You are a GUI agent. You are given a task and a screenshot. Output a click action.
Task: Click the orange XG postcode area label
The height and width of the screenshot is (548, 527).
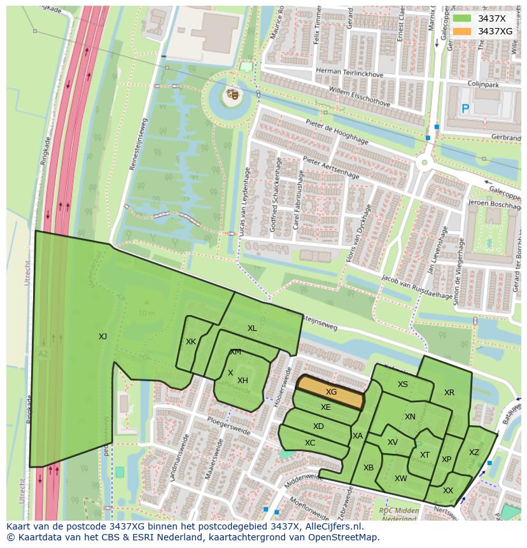click(x=331, y=392)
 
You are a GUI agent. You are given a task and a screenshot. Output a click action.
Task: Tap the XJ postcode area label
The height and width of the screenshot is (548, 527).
click(x=102, y=337)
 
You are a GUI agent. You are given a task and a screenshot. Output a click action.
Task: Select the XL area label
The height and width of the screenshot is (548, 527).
click(x=252, y=328)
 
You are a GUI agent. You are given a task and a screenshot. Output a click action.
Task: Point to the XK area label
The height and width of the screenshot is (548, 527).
click(x=191, y=342)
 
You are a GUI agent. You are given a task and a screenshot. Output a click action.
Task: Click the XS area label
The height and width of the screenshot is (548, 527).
click(x=403, y=384)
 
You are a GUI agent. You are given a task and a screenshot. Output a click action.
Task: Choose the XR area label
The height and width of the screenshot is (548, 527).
click(x=449, y=393)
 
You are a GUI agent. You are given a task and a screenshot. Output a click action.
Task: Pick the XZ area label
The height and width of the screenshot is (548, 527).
click(x=474, y=453)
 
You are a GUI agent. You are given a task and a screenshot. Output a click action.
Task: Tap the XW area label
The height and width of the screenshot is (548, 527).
click(x=400, y=479)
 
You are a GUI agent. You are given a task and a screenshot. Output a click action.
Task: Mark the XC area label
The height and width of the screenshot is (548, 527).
click(x=310, y=443)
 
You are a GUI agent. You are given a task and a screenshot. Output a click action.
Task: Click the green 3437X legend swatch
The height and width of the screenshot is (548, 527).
click(x=462, y=18)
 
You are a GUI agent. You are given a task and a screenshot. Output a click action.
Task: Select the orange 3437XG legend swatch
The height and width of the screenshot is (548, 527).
click(x=462, y=31)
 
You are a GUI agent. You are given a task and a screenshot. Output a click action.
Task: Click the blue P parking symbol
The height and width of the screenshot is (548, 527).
click(x=465, y=109)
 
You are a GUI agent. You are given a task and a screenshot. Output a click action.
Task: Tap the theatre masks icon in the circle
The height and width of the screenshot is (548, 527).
click(x=232, y=95)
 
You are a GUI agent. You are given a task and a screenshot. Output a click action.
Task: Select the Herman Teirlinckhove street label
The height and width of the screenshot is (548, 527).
click(x=341, y=72)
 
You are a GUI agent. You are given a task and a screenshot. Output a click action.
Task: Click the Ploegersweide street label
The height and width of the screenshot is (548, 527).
click(x=229, y=427)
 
